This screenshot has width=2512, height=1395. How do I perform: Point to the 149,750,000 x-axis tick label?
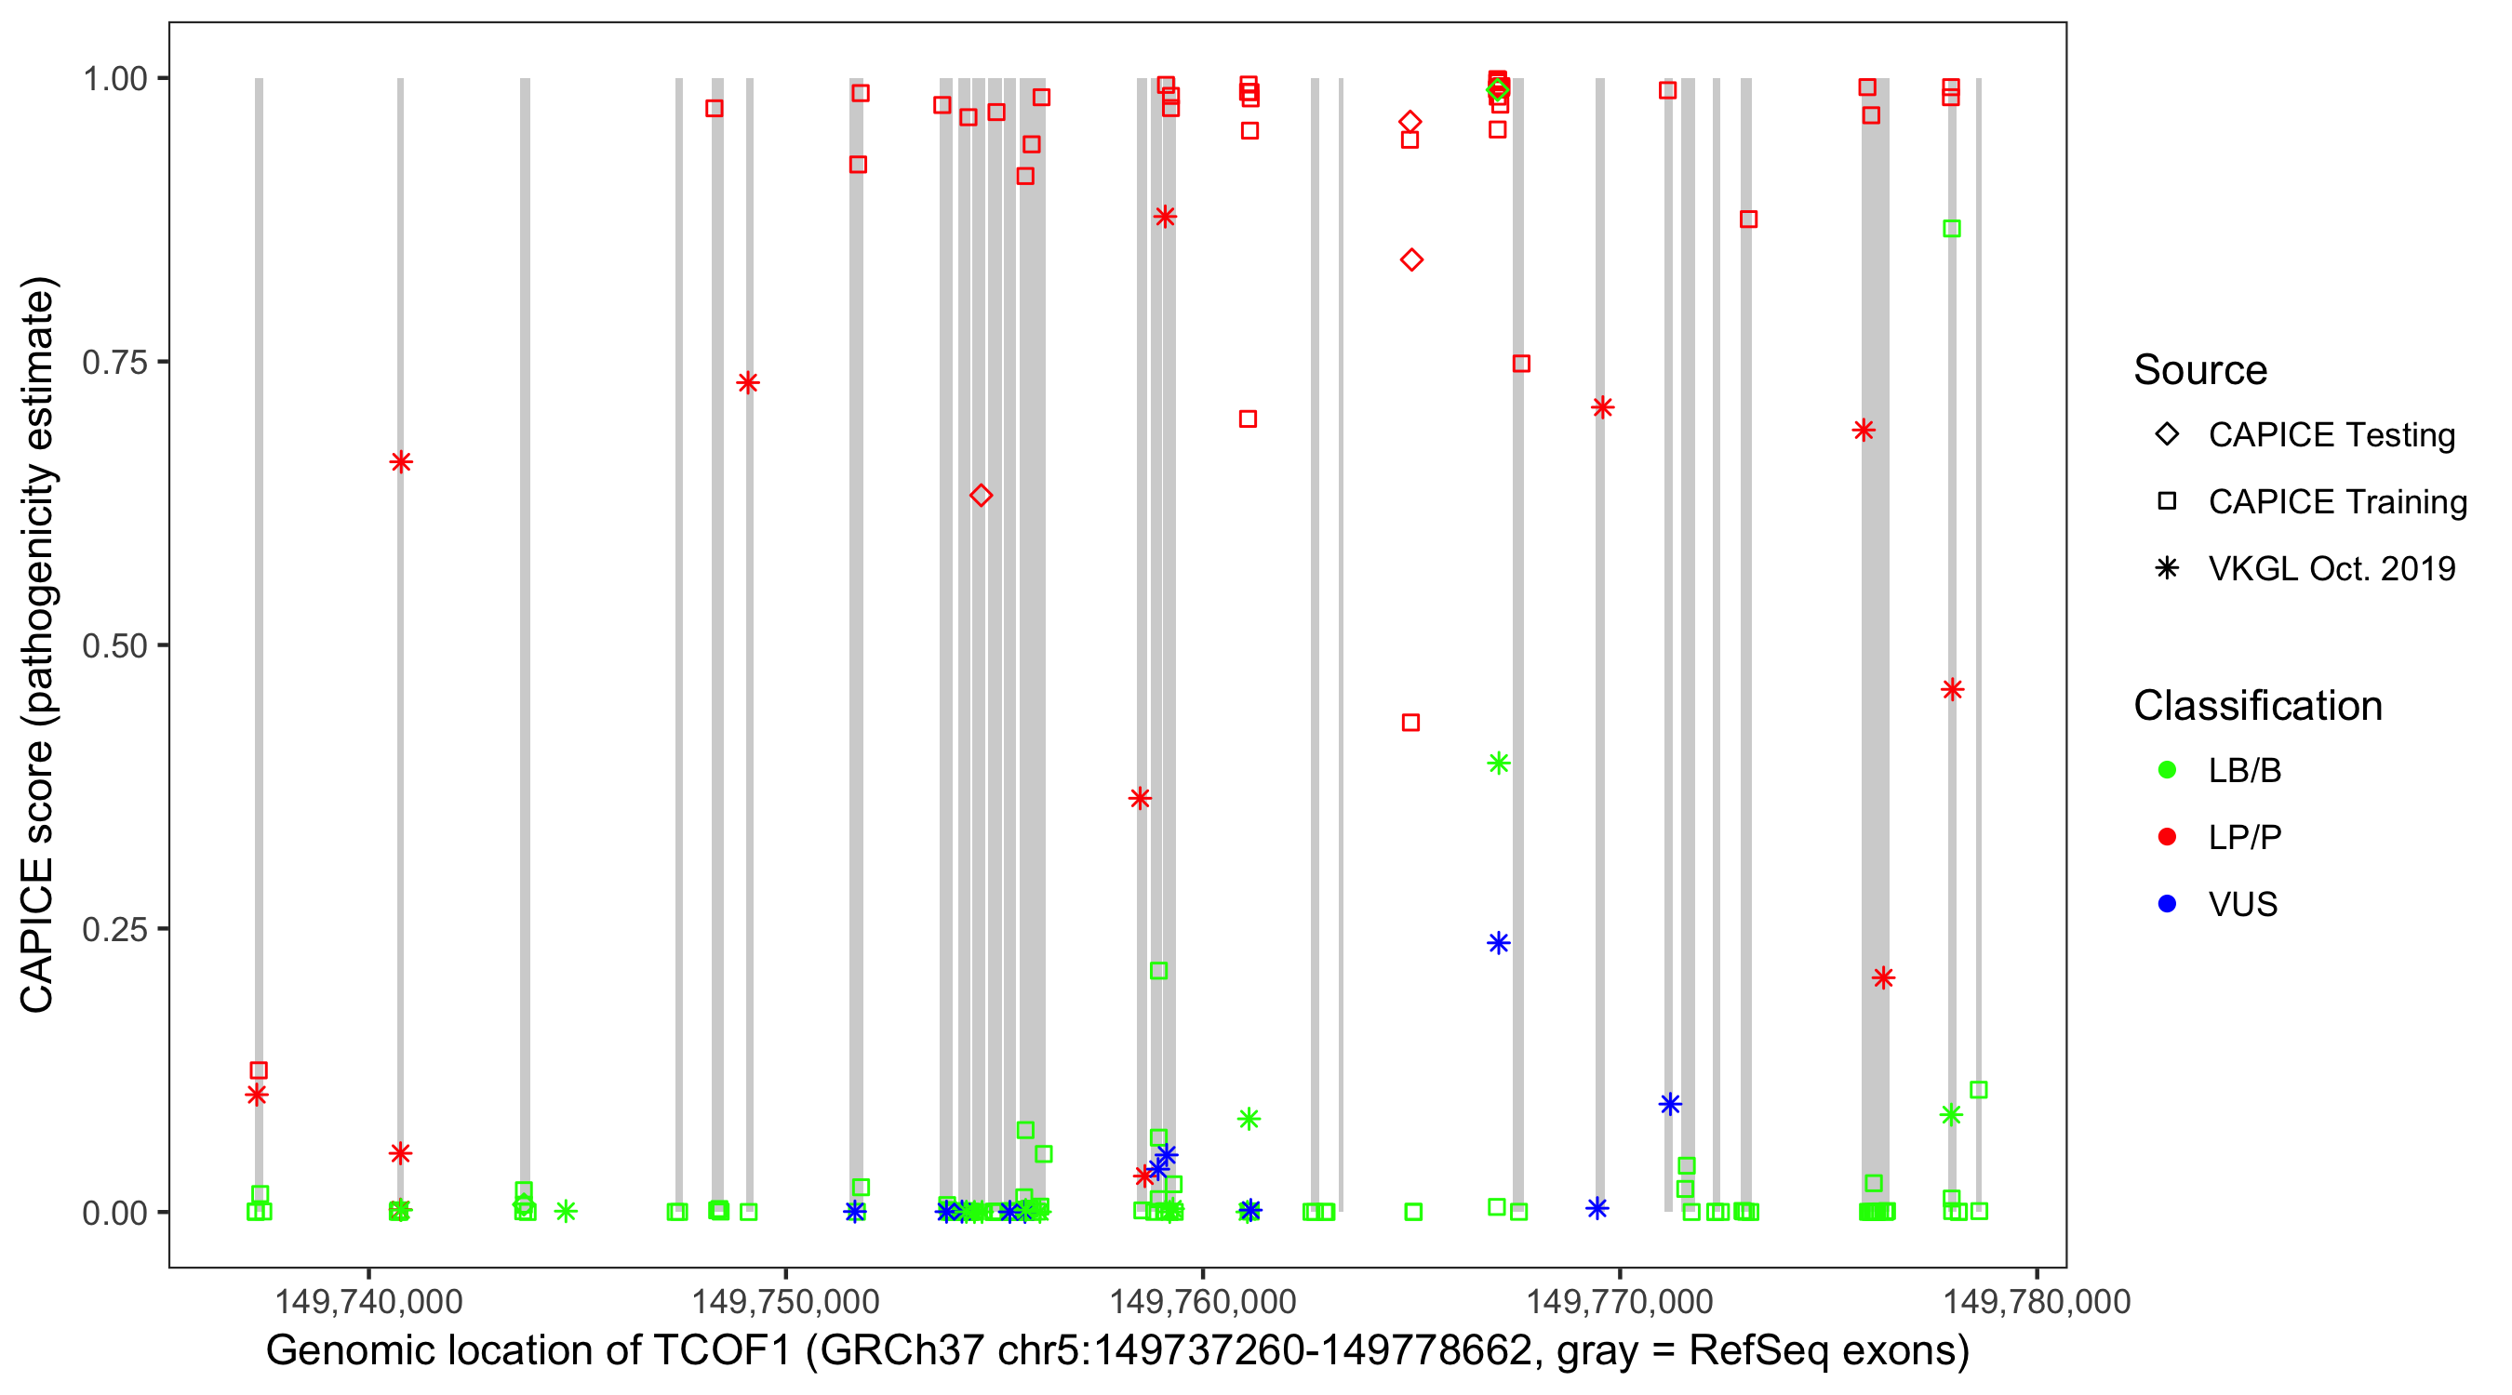coord(785,1301)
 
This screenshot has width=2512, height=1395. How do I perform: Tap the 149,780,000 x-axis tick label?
coord(2037,1301)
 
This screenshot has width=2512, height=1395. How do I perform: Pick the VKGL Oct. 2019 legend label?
coord(2332,568)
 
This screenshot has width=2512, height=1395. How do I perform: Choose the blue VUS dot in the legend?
coord(2167,904)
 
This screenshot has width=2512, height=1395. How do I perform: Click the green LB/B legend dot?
coord(2167,770)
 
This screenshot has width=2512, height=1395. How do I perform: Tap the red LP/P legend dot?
coord(2167,837)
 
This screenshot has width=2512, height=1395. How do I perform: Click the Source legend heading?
coord(2200,370)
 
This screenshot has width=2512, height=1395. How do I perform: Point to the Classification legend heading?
coord(2257,706)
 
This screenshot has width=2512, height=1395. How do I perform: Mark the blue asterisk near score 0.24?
coord(1499,943)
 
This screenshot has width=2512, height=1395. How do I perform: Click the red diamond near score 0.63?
coord(981,495)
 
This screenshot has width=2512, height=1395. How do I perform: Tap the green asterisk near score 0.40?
coord(1499,764)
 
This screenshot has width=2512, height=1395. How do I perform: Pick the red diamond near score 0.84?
coord(1411,259)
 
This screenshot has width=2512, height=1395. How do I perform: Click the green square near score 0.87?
coord(1951,228)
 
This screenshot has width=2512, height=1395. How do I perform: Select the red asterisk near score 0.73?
coord(748,382)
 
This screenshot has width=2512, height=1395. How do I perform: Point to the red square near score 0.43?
coord(1410,723)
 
